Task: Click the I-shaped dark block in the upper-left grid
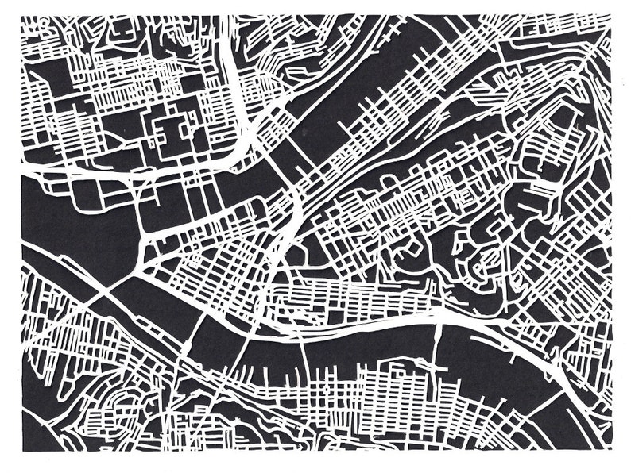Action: (171, 131)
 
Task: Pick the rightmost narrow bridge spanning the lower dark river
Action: (435, 349)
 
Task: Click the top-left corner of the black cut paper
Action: (21, 17)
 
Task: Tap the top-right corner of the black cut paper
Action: (613, 16)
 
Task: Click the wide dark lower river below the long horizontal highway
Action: (358, 349)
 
